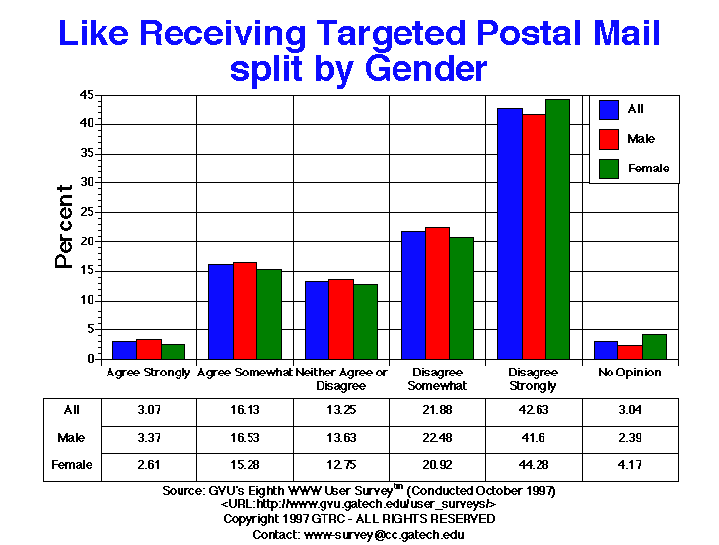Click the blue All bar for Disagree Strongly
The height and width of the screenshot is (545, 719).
(510, 234)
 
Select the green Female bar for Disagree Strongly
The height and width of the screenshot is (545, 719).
(557, 229)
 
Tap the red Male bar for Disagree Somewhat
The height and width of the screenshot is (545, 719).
(437, 293)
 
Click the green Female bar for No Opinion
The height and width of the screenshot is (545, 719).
(653, 347)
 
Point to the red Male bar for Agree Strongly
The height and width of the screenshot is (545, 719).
(149, 349)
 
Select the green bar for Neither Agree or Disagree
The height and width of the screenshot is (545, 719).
(365, 321)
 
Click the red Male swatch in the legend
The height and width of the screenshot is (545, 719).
(609, 139)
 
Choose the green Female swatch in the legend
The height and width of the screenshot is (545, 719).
(609, 169)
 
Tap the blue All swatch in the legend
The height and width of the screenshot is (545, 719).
(609, 109)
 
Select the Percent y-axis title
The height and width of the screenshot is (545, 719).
(64, 227)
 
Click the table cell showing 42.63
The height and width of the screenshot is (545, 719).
(533, 409)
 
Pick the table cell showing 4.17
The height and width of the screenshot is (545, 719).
(629, 464)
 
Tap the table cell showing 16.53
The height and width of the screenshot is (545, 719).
(246, 438)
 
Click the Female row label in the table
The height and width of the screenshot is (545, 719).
(73, 464)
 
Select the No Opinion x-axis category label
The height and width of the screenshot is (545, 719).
(629, 373)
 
